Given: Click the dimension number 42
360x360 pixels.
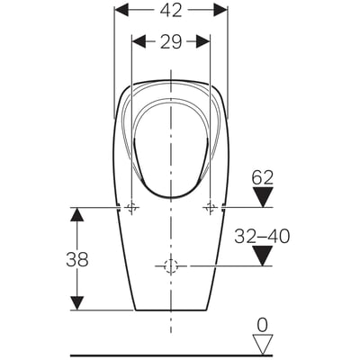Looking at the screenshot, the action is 171,11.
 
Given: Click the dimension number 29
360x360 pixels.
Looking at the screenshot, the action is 171,41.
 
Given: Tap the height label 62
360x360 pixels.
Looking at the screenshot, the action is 263,177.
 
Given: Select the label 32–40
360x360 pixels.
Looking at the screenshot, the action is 262,236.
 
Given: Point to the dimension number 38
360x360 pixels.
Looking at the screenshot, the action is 77,259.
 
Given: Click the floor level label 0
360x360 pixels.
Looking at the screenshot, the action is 263,325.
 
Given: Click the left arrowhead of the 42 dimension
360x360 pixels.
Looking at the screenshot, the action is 122,11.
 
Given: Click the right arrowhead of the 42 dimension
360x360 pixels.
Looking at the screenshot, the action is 220,11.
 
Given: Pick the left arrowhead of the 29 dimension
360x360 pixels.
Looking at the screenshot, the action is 139,41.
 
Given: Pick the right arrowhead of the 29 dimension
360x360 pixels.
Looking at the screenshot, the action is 202,41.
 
